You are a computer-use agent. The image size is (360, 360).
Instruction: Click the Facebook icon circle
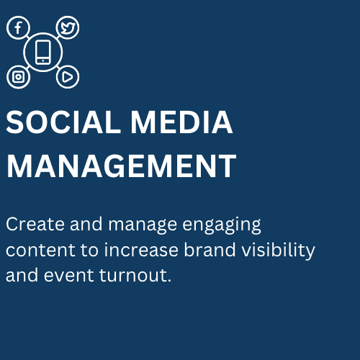tap(7, 27)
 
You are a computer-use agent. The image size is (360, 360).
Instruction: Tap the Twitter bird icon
tap(68, 28)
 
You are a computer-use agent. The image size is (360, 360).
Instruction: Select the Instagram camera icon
tap(18, 77)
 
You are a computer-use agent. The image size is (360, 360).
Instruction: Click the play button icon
tap(67, 77)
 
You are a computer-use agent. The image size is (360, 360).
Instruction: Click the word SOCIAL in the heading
tap(63, 122)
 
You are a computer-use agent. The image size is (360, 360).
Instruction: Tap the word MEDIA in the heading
tap(181, 122)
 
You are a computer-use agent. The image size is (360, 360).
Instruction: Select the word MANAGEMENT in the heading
tap(121, 166)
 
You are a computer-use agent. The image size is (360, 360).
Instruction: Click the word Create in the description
tap(35, 224)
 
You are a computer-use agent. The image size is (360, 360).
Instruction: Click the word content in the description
tap(40, 250)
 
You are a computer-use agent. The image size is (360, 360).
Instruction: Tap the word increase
tap(141, 249)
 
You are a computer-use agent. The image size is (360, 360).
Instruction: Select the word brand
tap(210, 249)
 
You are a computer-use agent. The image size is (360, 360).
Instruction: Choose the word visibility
tap(278, 251)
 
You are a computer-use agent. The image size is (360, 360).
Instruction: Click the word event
tap(68, 275)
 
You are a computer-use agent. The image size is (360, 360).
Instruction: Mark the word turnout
tap(132, 275)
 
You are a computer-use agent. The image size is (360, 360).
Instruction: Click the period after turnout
tap(169, 280)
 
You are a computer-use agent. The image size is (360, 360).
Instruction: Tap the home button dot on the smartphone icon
tap(43, 60)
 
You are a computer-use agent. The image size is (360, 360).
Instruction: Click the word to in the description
tap(89, 250)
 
